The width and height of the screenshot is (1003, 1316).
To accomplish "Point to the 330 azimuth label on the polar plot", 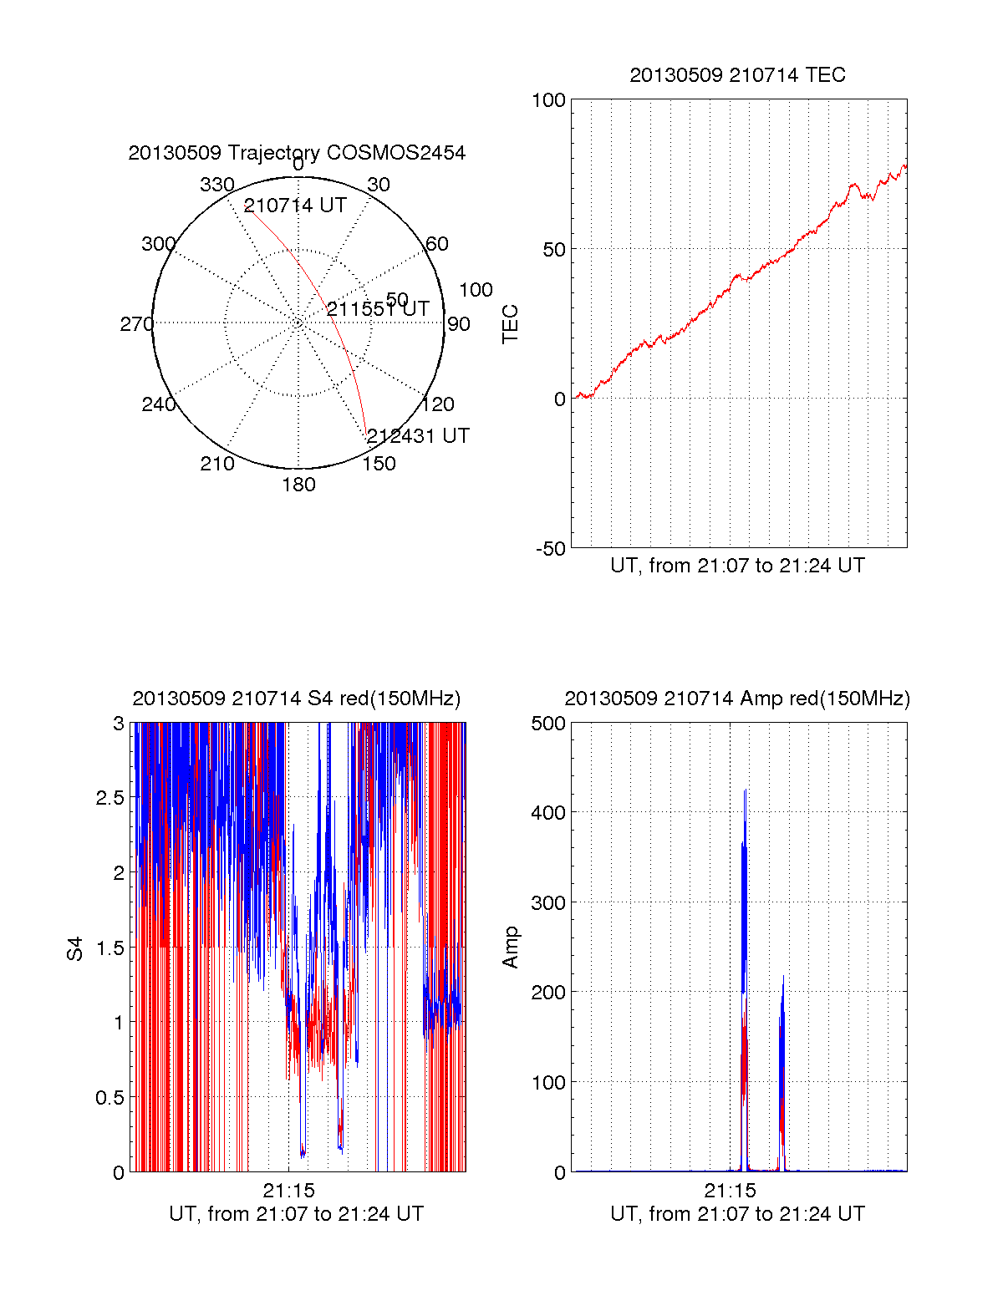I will (216, 185).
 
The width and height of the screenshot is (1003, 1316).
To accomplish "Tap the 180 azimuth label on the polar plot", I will (298, 485).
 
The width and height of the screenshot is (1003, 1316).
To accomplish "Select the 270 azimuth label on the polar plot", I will (136, 324).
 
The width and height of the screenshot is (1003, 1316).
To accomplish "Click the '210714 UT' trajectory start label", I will (295, 206).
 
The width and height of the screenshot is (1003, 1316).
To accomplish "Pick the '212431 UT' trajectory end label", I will (418, 436).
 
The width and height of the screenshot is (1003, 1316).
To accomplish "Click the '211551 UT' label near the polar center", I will (378, 309).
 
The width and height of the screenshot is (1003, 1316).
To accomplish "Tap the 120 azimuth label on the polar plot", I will (438, 405).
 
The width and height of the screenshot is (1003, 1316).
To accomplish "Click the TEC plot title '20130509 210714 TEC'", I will (737, 75).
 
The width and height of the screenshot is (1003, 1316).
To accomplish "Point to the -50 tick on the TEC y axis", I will (551, 549).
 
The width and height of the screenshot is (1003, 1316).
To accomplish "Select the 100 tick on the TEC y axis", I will (549, 100).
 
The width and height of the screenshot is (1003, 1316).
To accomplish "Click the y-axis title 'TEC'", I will (510, 324).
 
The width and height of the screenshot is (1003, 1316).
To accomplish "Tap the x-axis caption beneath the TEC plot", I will (737, 566).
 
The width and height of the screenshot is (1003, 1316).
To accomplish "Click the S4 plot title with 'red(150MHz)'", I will (297, 699).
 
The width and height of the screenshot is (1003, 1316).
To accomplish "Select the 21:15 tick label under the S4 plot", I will (288, 1191).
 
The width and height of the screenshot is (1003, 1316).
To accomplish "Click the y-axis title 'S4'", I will (76, 948).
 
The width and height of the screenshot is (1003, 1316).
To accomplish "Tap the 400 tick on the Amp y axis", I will (549, 812).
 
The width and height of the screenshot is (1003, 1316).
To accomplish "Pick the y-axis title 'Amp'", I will (510, 948).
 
